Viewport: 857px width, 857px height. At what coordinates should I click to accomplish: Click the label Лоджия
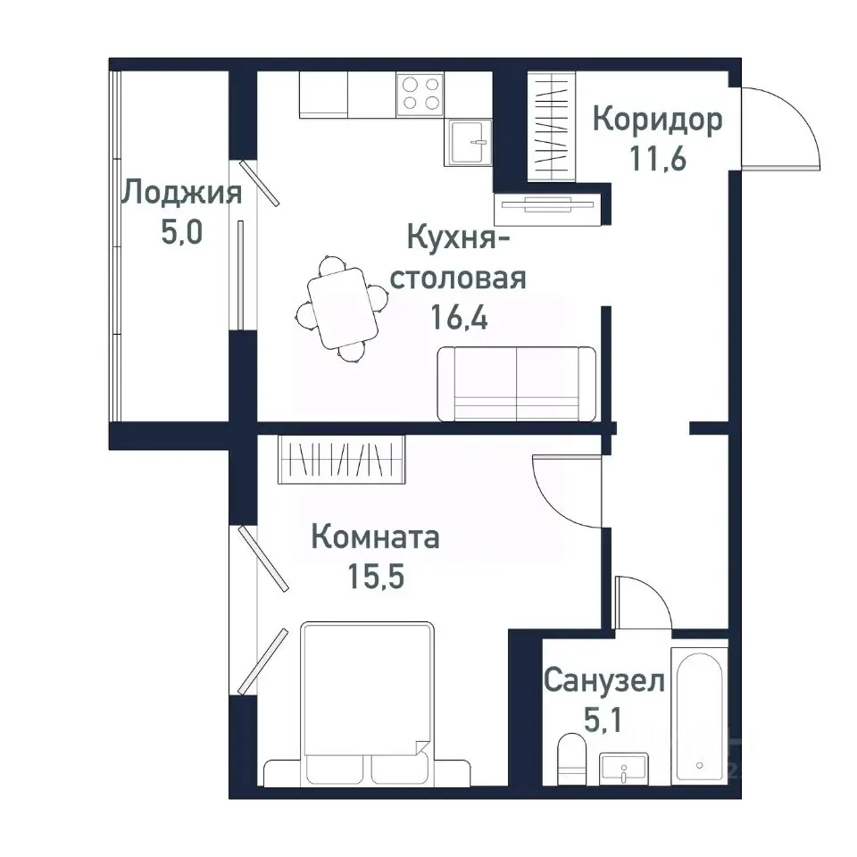pos(182,193)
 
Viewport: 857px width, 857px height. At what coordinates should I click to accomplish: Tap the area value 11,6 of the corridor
pos(657,160)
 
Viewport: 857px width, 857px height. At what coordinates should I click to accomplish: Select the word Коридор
pos(657,120)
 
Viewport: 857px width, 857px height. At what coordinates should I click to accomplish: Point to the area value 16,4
pos(461,320)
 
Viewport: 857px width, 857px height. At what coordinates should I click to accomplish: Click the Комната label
pos(375,537)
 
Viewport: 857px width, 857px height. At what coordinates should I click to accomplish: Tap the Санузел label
pos(604,683)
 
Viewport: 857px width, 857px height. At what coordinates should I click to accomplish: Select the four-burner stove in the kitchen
pos(421,94)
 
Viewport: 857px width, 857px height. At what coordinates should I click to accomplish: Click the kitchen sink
pos(469,142)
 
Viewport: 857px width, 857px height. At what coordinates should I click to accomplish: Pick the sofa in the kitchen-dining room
pos(516,384)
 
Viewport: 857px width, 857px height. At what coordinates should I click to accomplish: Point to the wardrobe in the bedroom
pos(342,459)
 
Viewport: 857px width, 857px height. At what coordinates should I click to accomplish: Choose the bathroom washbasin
pos(624,767)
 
